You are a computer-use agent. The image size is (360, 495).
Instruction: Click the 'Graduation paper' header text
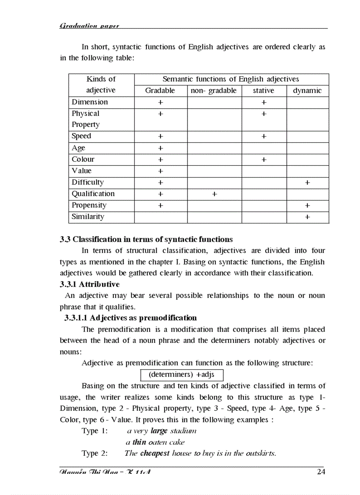pos(89,26)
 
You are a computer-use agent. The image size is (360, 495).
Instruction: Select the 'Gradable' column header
pos(160,90)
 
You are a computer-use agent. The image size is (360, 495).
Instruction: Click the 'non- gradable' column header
pos(214,90)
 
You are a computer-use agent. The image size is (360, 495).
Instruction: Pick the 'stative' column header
pos(263,90)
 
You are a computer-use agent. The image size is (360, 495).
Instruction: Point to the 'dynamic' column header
pos(307,90)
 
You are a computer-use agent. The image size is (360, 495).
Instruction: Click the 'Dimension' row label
pos(90,102)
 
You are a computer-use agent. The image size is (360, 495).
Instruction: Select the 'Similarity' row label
pos(88,216)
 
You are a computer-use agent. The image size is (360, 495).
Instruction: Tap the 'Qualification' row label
pos(93,194)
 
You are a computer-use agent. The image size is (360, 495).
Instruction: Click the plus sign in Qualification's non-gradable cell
pos(214,194)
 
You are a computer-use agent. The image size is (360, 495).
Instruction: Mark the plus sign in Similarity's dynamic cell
pos(307,217)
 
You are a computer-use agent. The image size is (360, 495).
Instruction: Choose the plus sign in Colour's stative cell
pos(263,160)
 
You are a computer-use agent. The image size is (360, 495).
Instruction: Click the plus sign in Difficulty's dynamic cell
pos(307,182)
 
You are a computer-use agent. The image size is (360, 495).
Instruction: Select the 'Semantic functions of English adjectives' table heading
pos(231,79)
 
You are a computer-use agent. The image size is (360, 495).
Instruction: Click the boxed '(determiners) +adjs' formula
pos(182,375)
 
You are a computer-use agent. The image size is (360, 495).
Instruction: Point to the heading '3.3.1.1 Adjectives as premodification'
pos(131,318)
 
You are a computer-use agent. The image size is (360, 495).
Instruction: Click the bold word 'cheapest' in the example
pos(155,453)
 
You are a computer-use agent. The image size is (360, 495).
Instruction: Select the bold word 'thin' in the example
pos(139,442)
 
